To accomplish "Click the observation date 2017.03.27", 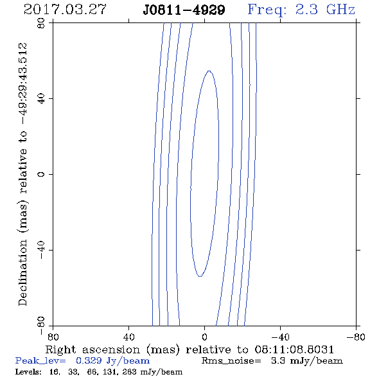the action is [65, 10].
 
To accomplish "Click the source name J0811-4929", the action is [184, 10].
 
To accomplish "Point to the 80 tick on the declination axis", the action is [41, 23].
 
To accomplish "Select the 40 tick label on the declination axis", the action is [41, 99].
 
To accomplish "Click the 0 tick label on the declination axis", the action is [41, 174].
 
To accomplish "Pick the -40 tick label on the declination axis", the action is [41, 250].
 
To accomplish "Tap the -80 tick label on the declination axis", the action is [41, 326].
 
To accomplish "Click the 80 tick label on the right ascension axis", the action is [53, 337].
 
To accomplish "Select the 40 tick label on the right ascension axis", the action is [128, 337].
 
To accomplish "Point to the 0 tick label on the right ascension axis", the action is [204, 337].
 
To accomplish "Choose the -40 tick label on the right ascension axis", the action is [280, 337].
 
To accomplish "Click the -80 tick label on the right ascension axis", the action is [356, 337].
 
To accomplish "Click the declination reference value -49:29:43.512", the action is [22, 84].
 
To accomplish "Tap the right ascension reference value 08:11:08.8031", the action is [294, 349].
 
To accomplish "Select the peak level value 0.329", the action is [89, 360].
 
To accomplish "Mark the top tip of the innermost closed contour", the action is [209, 71].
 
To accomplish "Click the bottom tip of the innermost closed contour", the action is [200, 276].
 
